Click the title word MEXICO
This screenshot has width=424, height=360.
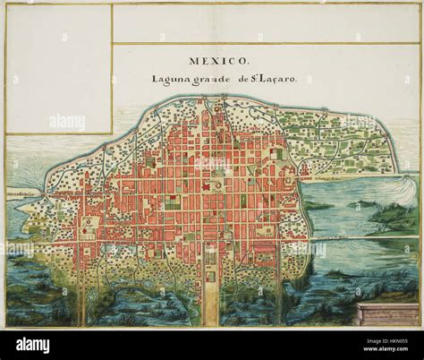(219, 62)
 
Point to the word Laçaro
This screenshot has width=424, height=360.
(276, 79)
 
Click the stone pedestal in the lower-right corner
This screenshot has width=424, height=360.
(386, 313)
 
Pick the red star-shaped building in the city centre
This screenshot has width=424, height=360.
(207, 186)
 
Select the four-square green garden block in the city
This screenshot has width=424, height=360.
(173, 202)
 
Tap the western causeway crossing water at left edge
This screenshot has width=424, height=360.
(22, 193)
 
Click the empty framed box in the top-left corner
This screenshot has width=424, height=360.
(59, 68)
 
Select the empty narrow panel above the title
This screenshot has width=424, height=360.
(266, 23)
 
